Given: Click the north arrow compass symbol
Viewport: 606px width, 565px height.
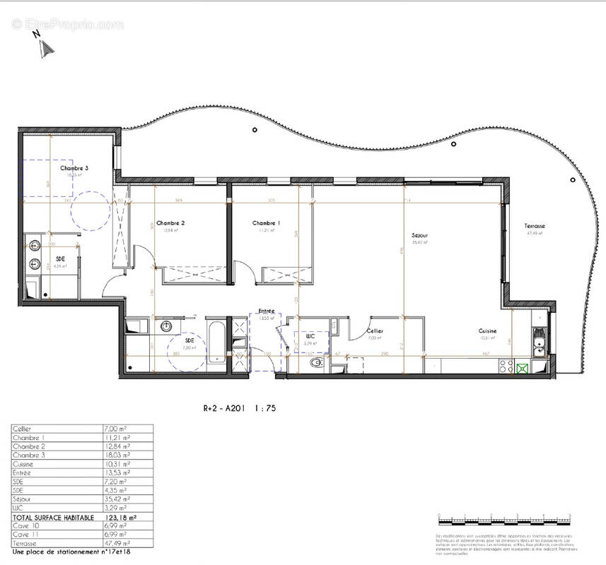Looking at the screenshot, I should pyautogui.click(x=45, y=47).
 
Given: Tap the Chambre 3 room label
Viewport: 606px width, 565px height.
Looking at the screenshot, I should pyautogui.click(x=74, y=168).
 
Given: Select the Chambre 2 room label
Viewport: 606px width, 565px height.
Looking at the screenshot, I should pyautogui.click(x=170, y=223).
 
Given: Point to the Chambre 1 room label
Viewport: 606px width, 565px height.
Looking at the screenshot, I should pyautogui.click(x=267, y=223).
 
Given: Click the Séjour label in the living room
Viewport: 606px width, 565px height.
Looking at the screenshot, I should pyautogui.click(x=421, y=235).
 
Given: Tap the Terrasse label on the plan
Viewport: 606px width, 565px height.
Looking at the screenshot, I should pyautogui.click(x=535, y=226).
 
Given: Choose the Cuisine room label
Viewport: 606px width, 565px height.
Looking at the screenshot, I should pyautogui.click(x=486, y=331).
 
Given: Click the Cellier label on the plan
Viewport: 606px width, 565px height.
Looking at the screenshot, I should pyautogui.click(x=374, y=331).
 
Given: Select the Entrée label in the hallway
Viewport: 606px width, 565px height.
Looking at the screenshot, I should pyautogui.click(x=266, y=311).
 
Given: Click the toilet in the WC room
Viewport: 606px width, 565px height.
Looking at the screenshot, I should pyautogui.click(x=316, y=363).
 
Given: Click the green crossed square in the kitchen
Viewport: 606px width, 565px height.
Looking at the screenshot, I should pyautogui.click(x=523, y=367).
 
